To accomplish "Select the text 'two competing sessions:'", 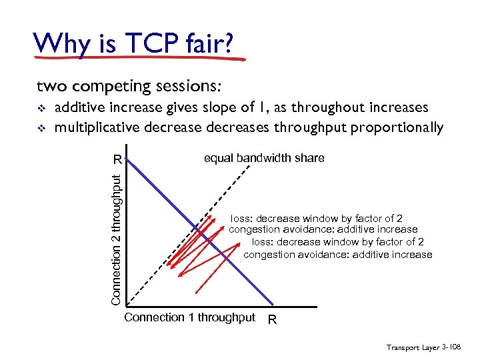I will (x=129, y=87).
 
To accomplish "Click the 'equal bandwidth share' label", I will (x=264, y=159).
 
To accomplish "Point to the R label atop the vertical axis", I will (x=117, y=160).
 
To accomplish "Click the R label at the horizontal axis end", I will (x=271, y=321).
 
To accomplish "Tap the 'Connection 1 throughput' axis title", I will (x=189, y=318).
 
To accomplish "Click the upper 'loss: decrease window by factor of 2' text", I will (x=317, y=219).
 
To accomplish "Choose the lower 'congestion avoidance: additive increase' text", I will (x=338, y=255).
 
